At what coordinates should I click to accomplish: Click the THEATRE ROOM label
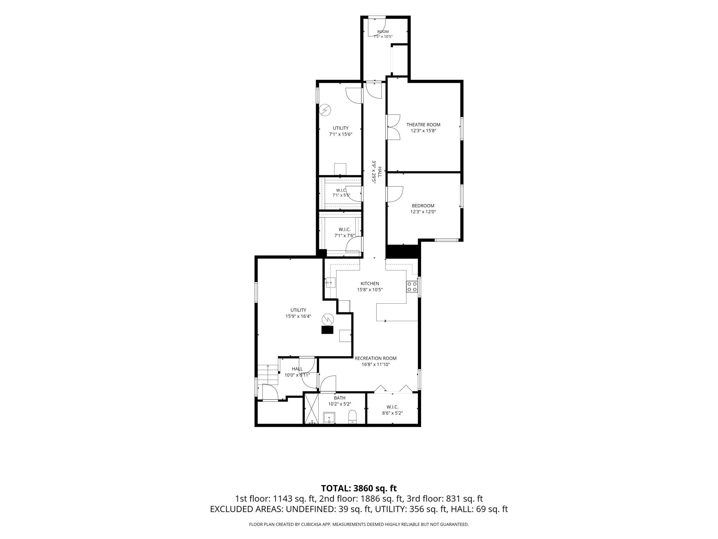coord(423,125)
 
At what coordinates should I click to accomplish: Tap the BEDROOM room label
coord(423,206)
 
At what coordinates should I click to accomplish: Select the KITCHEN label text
coord(370,284)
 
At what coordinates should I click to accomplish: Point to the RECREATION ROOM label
coord(376,358)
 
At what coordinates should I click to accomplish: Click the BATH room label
coord(340,398)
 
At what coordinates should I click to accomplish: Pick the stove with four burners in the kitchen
coord(412,287)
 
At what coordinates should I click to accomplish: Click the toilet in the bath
coord(352,417)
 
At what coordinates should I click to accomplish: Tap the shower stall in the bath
coord(313,409)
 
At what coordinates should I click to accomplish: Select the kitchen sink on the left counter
coord(330,282)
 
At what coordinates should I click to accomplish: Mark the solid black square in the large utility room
coord(328,330)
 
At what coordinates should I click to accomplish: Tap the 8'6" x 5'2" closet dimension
coord(392,413)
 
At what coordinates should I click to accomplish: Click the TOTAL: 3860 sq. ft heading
coord(359,488)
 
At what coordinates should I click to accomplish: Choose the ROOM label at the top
coord(383,32)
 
